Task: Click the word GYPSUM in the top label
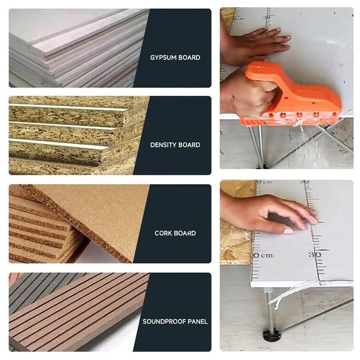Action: click(x=163, y=58)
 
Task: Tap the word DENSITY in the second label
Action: click(x=163, y=145)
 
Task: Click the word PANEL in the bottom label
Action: click(x=198, y=321)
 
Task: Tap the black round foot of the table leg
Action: click(x=272, y=337)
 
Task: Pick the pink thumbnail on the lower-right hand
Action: click(x=288, y=230)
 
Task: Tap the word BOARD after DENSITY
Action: click(x=189, y=145)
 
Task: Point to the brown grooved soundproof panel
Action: click(x=78, y=312)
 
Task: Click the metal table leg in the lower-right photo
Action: click(x=270, y=310)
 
